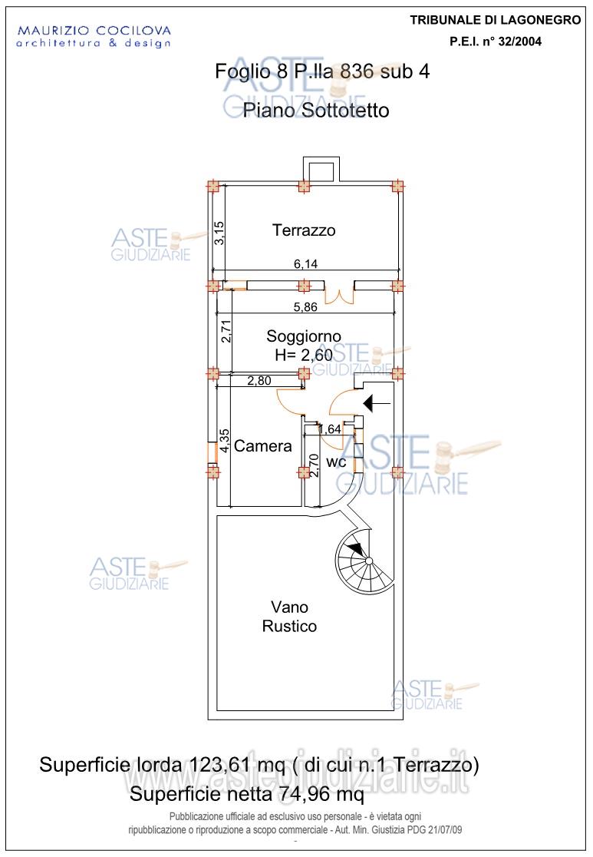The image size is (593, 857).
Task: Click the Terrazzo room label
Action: point(304,230)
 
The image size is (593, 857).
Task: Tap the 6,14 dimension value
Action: point(305,263)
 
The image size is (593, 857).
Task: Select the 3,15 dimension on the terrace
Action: point(219,233)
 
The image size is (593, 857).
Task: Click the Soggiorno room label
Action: point(304,336)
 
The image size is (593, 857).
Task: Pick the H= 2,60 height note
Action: point(304,354)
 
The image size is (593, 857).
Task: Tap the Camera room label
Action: point(263,446)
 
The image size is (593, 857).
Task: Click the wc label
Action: point(336,462)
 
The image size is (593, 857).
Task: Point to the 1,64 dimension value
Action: point(330,429)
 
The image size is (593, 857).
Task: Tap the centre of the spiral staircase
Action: point(369,561)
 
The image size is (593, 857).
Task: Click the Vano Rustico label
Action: point(289,615)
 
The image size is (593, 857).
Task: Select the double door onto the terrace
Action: point(338,294)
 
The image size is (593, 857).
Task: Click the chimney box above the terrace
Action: point(320,170)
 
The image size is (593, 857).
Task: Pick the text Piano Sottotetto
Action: point(316,111)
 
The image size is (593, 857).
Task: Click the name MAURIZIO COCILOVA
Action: point(94,31)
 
